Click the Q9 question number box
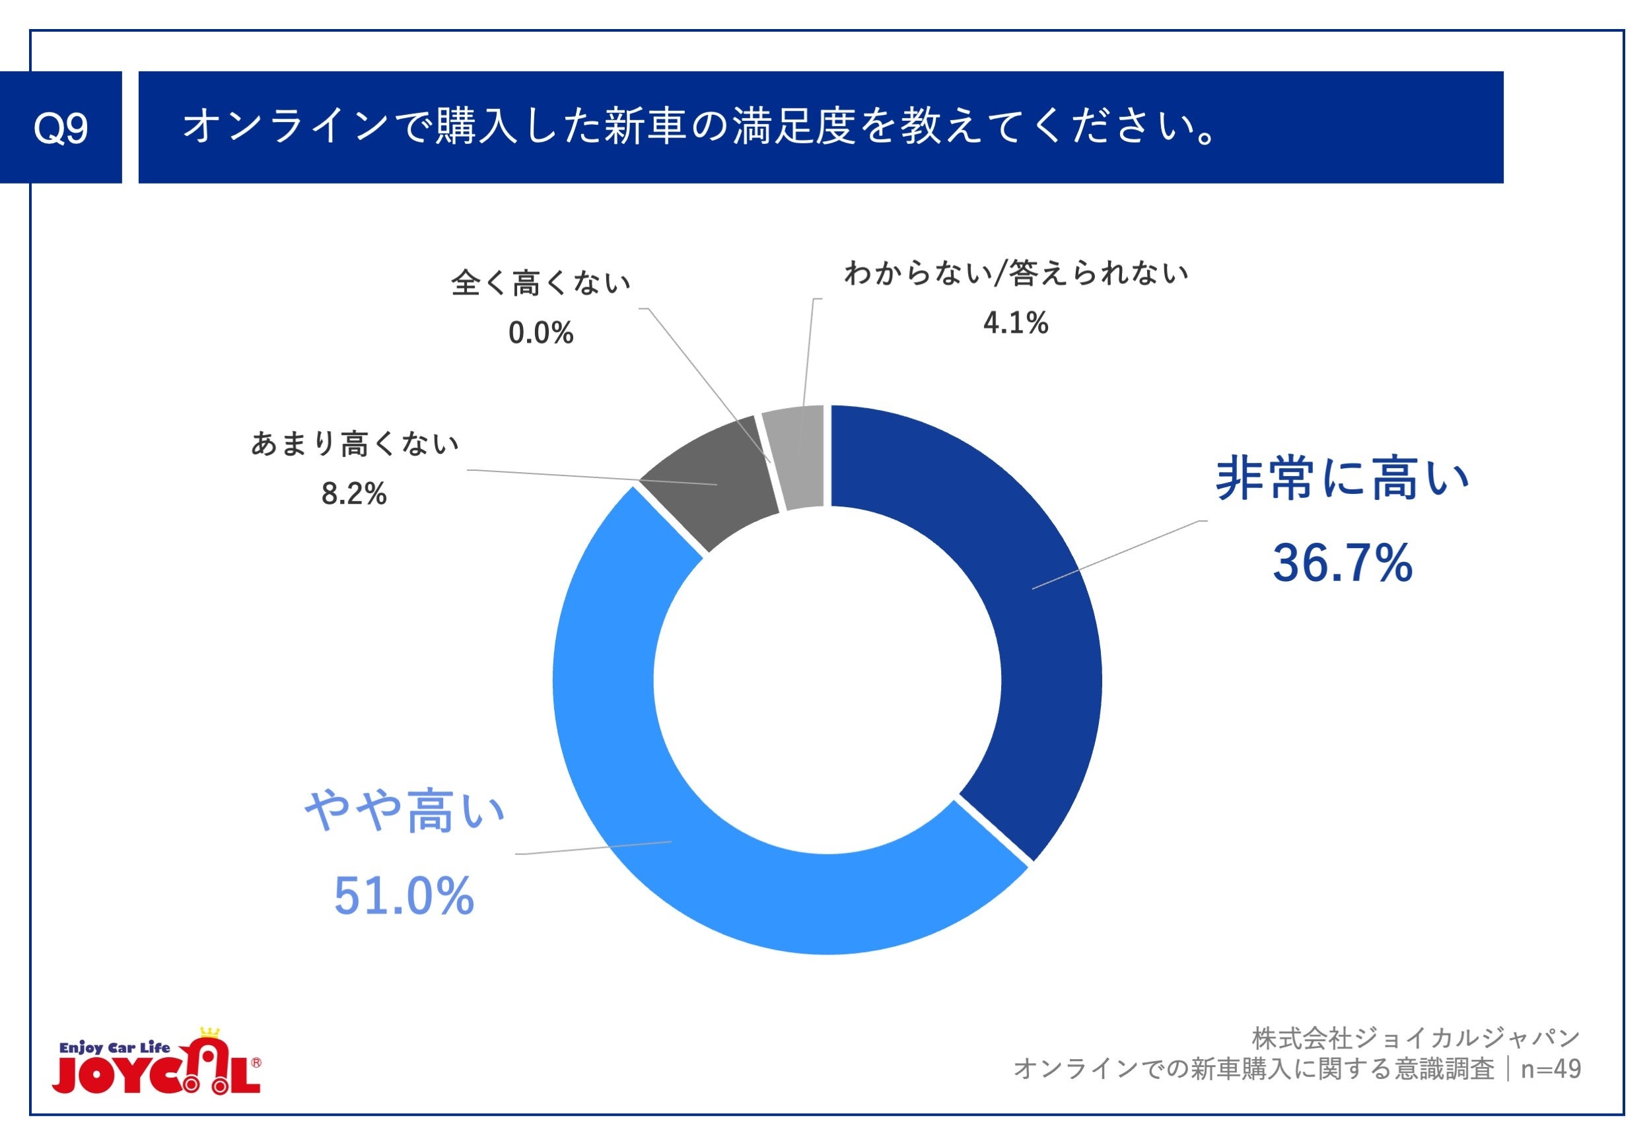click(60, 127)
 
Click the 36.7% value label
click(1341, 563)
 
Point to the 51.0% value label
click(404, 896)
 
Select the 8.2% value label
click(354, 493)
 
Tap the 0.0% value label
click(541, 333)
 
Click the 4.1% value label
click(1015, 323)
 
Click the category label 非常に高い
click(1341, 479)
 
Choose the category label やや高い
click(405, 812)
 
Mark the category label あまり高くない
click(355, 444)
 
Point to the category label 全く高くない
click(541, 283)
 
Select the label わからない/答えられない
click(1016, 273)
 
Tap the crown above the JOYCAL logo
click(210, 1032)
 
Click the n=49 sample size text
click(1551, 1068)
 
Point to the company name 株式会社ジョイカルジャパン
click(1415, 1038)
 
